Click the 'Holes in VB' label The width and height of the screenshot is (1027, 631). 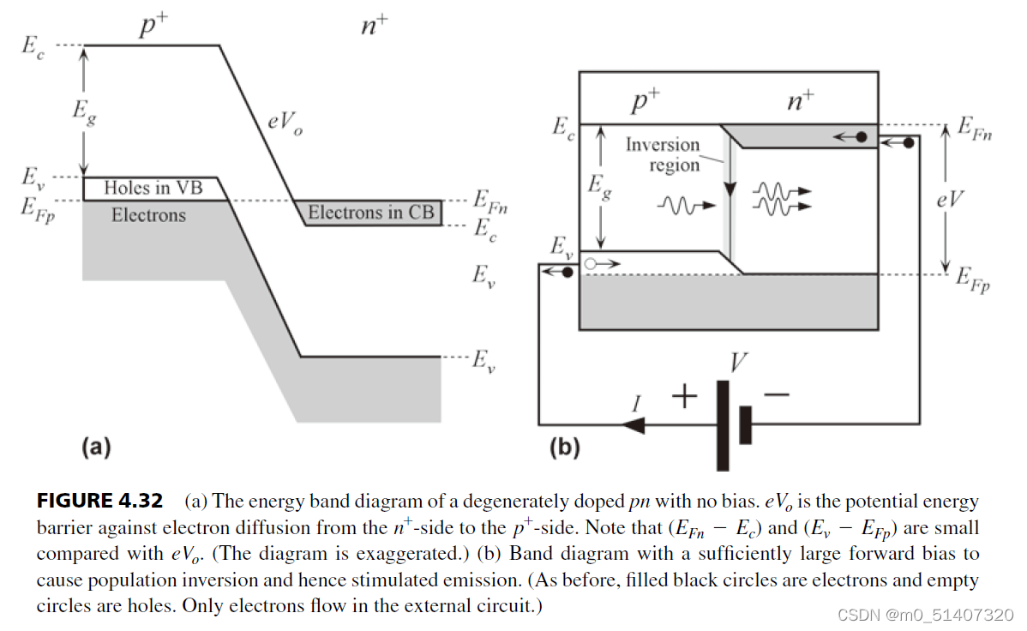pyautogui.click(x=153, y=188)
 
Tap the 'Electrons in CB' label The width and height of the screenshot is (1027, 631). pyautogui.click(x=371, y=213)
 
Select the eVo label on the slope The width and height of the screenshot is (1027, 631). pyautogui.click(x=284, y=122)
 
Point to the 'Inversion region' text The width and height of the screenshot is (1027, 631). pyautogui.click(x=662, y=154)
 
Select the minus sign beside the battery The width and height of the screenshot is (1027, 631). pyautogui.click(x=776, y=395)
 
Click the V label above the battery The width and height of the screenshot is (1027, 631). pyautogui.click(x=736, y=363)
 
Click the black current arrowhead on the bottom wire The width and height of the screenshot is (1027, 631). pyautogui.click(x=632, y=424)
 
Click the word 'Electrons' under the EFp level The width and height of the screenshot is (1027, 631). pyautogui.click(x=147, y=215)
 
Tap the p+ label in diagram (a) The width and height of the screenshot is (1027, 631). pyautogui.click(x=153, y=27)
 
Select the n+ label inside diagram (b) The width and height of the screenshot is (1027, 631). pyautogui.click(x=800, y=102)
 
